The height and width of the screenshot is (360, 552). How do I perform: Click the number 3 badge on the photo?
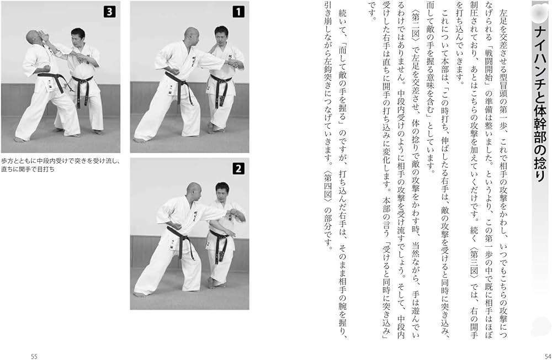[x=109, y=12]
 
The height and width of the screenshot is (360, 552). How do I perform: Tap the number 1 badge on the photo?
[x=238, y=12]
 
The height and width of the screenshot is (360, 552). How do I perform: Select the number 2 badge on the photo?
[x=238, y=169]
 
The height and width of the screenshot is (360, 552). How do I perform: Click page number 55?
[x=34, y=356]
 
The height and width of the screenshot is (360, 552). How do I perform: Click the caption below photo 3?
[x=61, y=165]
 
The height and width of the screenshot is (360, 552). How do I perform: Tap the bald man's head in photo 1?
[x=192, y=36]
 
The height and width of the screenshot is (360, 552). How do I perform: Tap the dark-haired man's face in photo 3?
[x=78, y=39]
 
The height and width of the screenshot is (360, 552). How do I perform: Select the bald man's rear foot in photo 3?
[x=20, y=139]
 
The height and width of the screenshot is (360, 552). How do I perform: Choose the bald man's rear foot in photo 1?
[x=140, y=140]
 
